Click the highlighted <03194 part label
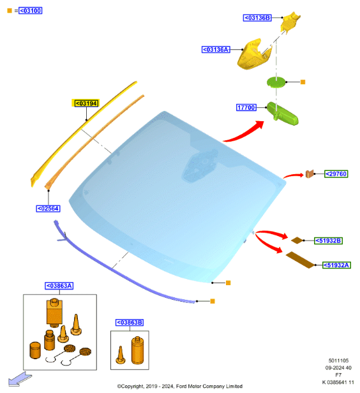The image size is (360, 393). click(x=86, y=103)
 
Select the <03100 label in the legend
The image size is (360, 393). click(x=31, y=10)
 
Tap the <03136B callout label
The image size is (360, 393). click(x=257, y=18)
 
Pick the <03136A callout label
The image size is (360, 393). click(x=216, y=50)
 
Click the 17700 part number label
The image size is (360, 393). click(x=246, y=108)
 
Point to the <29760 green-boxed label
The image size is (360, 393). click(x=336, y=174)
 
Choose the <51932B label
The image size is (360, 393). click(x=329, y=241)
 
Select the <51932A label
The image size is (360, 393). click(x=336, y=265)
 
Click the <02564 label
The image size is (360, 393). click(x=48, y=209)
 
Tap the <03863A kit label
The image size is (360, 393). click(x=59, y=286)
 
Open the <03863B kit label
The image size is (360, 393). click(x=130, y=322)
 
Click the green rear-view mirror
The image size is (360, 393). click(x=283, y=114)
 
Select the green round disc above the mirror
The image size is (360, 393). click(x=276, y=82)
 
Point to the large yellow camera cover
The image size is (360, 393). click(x=253, y=55)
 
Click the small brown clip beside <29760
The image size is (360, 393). click(x=310, y=174)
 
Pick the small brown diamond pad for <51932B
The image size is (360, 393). click(x=297, y=241)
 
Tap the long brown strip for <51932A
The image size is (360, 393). click(x=300, y=260)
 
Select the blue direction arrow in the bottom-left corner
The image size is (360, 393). click(x=20, y=379)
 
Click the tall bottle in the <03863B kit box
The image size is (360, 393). click(x=137, y=350)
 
